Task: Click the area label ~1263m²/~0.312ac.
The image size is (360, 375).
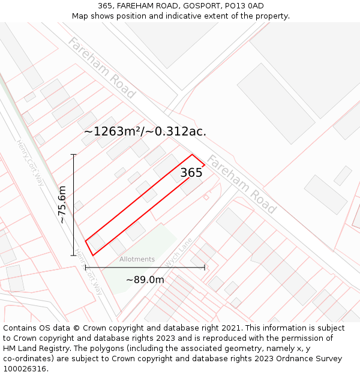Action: click(x=145, y=131)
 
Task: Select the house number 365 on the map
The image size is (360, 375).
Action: click(x=191, y=173)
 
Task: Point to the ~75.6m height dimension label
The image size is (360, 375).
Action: click(x=62, y=205)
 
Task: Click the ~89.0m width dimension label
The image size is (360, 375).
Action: click(x=145, y=280)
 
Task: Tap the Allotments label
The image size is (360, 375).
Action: click(x=137, y=259)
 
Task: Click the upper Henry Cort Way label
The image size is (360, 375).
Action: click(x=31, y=163)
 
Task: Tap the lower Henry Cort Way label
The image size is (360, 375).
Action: click(x=89, y=272)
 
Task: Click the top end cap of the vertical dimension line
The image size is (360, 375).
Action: click(x=74, y=155)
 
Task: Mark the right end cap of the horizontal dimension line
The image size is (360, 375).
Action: click(x=205, y=268)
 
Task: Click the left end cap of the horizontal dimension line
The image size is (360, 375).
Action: click(x=86, y=268)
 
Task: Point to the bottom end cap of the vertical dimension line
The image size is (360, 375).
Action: click(x=74, y=255)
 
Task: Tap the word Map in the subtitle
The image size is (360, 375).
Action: click(x=81, y=16)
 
